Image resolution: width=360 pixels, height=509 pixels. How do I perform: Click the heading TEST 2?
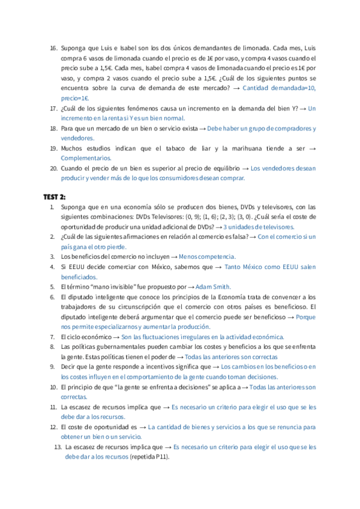(x=55, y=196)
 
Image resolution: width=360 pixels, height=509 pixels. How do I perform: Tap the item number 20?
(x=53, y=168)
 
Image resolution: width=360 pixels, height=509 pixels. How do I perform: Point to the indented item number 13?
(x=58, y=447)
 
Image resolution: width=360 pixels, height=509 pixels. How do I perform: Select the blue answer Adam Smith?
(x=213, y=287)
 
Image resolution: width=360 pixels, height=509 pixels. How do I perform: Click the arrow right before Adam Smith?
(x=191, y=287)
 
